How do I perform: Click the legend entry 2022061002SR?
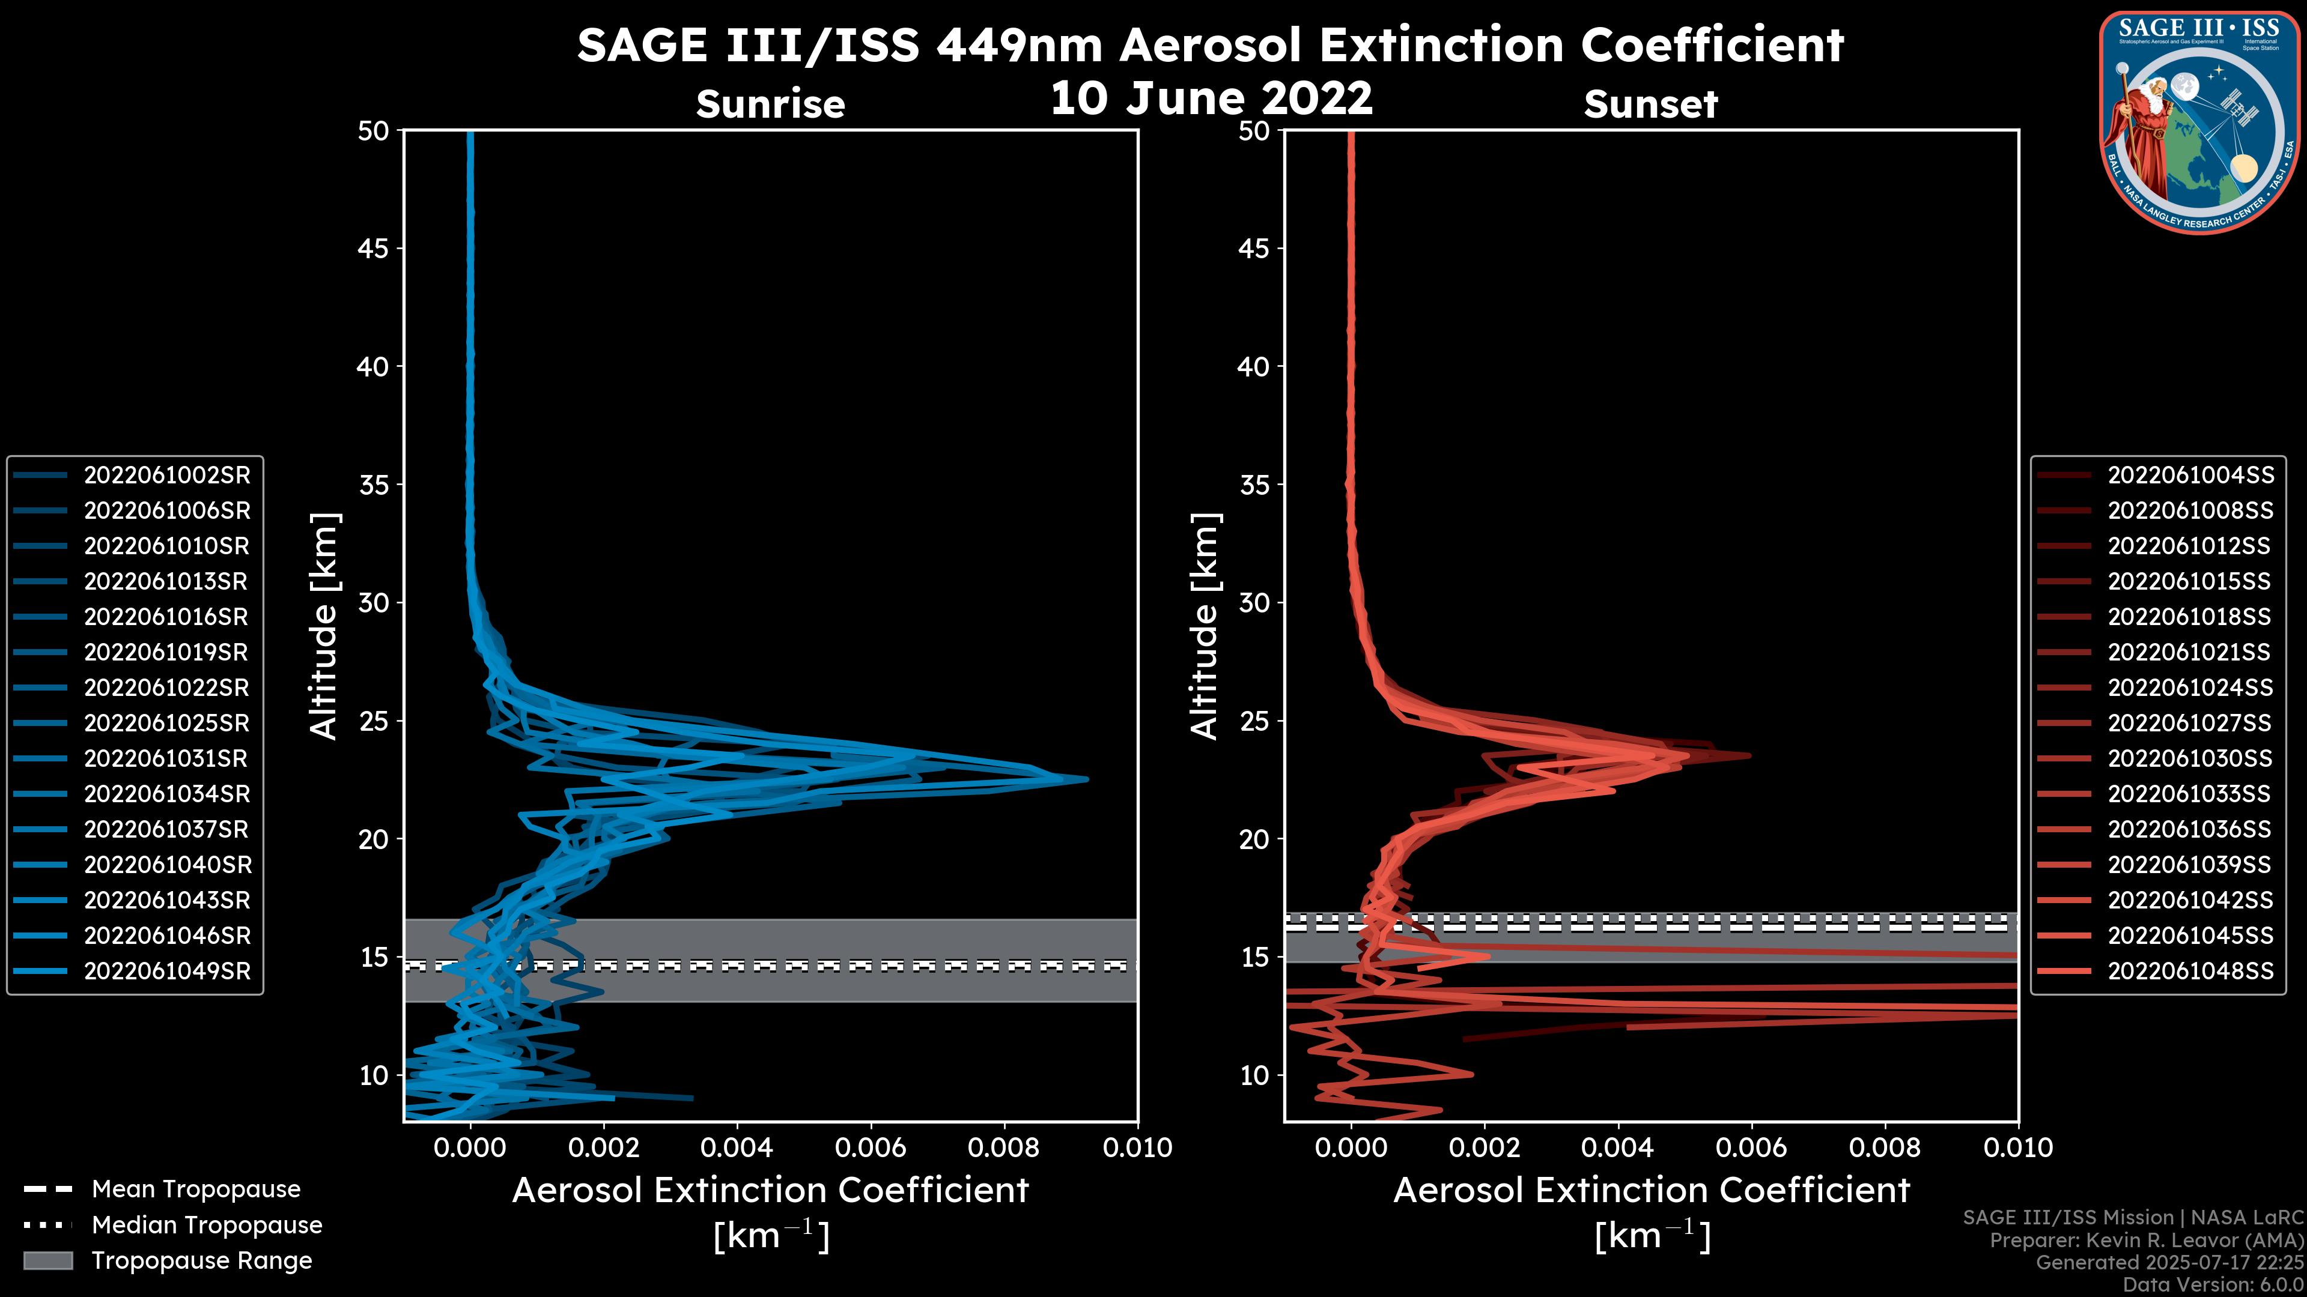[166, 476]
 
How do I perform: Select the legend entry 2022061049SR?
[166, 971]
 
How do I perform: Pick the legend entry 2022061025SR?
[166, 723]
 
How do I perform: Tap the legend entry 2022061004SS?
[2190, 476]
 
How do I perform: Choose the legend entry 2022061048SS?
[2190, 971]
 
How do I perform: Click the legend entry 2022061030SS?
[2190, 759]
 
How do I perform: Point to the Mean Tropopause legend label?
[195, 1190]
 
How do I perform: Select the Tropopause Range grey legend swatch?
[47, 1260]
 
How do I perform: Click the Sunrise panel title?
[770, 104]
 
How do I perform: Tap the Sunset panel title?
[1650, 104]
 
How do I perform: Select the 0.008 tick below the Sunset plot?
[1885, 1147]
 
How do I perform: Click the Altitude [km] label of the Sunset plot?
[1205, 626]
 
